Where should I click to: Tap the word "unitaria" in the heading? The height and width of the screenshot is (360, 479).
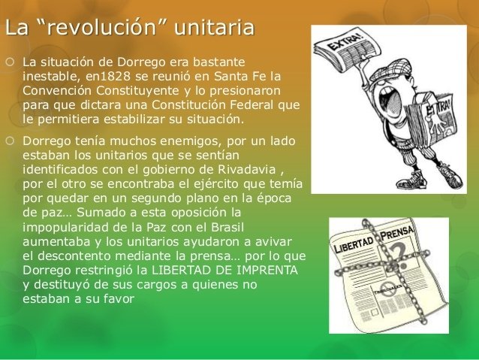pos(214,27)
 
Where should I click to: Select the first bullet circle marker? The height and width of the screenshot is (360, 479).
pos(10,62)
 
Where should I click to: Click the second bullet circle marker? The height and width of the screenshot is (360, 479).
pos(10,141)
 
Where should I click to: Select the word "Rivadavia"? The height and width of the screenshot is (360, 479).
pos(247,169)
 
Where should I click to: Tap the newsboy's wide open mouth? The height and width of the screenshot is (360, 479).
pos(389,97)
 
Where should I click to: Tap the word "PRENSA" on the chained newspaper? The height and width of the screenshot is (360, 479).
pos(397,233)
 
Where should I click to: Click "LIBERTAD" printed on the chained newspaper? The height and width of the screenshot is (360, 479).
pos(354,245)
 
